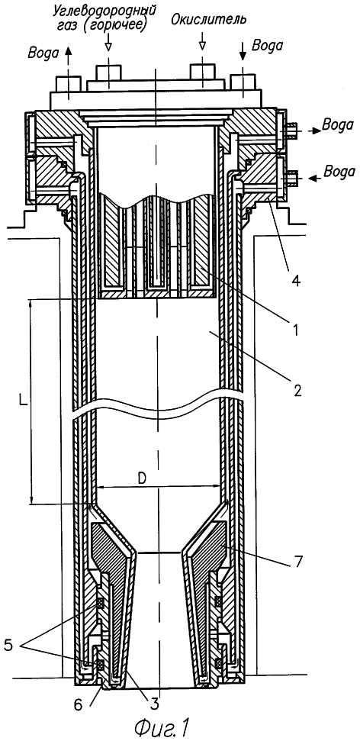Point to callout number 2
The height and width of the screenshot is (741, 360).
click(x=295, y=390)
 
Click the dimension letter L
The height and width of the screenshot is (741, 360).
click(x=23, y=400)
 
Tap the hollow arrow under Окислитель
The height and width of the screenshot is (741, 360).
click(x=203, y=40)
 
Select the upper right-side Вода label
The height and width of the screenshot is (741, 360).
click(x=337, y=124)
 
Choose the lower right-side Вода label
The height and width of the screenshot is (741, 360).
click(x=339, y=171)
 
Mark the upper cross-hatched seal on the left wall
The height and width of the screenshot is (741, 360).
click(x=100, y=602)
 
